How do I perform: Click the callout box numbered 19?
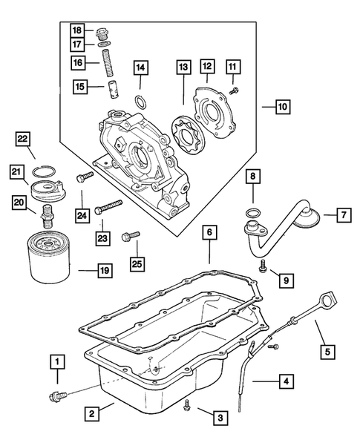102,270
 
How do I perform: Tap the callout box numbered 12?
207,68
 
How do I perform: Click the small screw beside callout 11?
234,91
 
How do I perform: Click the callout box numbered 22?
24,139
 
